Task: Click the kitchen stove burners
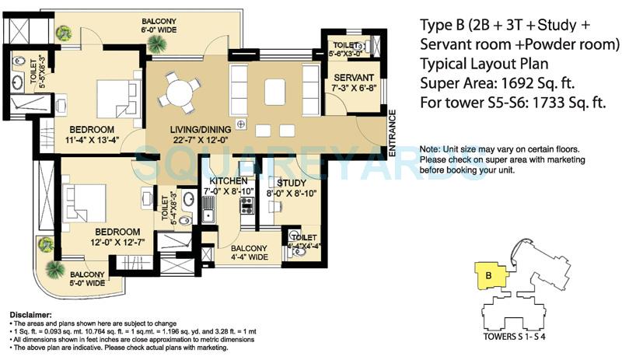(247, 206)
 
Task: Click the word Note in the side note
(431, 149)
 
